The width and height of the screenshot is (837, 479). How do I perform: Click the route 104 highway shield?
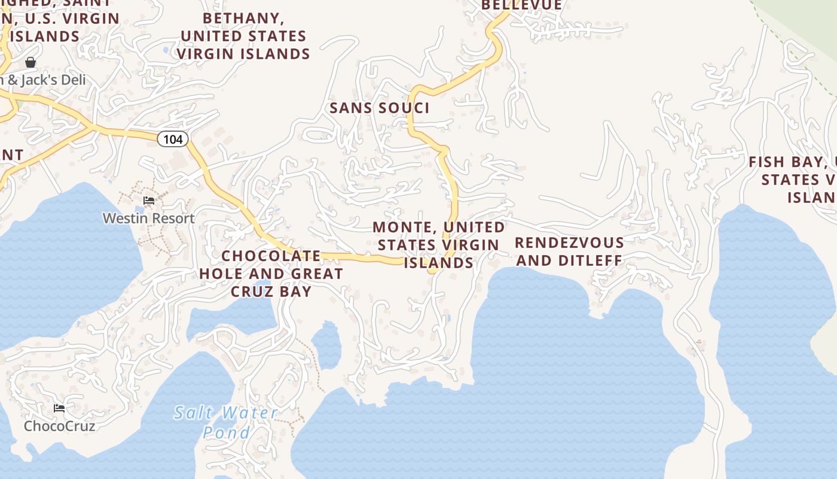(x=173, y=140)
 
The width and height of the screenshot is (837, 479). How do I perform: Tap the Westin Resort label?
(x=149, y=219)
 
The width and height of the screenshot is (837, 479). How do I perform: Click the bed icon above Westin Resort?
(x=149, y=200)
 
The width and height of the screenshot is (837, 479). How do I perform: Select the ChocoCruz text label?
(x=59, y=426)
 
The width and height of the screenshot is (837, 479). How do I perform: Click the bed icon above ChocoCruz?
(x=59, y=408)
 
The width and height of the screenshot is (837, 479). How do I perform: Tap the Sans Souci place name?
(x=380, y=108)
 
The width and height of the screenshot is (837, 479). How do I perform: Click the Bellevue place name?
(x=522, y=5)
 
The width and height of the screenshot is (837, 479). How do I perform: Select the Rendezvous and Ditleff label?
(x=569, y=251)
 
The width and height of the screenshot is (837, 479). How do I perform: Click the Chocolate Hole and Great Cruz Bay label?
(x=271, y=274)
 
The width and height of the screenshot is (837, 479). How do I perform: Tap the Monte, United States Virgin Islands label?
(x=439, y=245)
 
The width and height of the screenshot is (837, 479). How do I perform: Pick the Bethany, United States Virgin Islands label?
(x=243, y=36)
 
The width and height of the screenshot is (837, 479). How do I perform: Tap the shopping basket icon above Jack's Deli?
(x=30, y=62)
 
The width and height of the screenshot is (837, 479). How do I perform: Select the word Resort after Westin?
(x=173, y=219)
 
